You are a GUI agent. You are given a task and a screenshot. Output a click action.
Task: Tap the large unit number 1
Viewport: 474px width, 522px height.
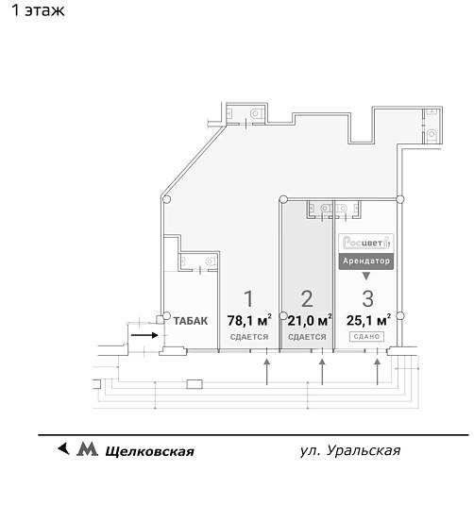click(249, 300)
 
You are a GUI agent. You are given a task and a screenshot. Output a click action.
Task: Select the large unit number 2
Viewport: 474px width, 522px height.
click(307, 300)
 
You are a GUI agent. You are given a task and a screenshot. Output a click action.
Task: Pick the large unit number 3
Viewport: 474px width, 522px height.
click(367, 300)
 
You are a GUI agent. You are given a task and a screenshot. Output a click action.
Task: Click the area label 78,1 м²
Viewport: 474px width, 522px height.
click(249, 320)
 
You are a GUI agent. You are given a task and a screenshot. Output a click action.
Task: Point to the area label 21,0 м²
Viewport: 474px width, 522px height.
click(308, 320)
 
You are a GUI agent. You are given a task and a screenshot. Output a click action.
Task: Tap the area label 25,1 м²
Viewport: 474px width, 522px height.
click(367, 320)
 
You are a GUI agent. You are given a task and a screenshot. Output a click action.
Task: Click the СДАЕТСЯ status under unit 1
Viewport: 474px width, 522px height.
click(249, 337)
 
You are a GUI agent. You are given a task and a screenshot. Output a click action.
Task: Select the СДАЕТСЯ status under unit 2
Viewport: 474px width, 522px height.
click(307, 337)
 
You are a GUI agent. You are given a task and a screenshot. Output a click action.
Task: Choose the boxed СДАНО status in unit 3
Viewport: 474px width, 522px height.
click(367, 337)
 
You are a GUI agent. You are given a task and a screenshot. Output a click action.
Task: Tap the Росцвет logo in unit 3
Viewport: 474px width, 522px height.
click(366, 241)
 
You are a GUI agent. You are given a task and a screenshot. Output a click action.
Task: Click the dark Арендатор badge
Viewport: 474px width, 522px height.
click(366, 260)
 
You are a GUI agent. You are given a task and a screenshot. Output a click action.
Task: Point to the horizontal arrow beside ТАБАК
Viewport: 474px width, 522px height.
click(144, 333)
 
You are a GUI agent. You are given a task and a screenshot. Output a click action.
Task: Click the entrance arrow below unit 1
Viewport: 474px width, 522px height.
click(267, 372)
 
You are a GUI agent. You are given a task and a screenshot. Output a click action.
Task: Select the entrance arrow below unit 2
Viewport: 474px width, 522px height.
click(323, 372)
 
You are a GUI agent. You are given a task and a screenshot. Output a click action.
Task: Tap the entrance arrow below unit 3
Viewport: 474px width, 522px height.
click(379, 372)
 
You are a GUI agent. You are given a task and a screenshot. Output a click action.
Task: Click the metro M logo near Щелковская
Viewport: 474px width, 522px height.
click(87, 450)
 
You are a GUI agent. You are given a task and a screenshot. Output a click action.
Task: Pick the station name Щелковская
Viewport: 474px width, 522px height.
click(149, 451)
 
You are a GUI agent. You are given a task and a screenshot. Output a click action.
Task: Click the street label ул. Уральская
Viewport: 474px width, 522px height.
click(349, 450)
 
